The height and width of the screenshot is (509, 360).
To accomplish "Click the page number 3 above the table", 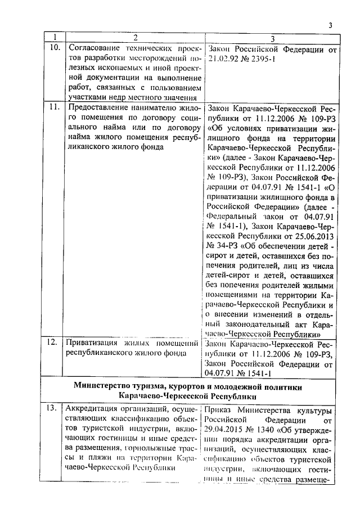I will pyautogui.click(x=331, y=25).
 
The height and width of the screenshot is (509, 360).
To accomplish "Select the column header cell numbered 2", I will pyautogui.click(x=135, y=38).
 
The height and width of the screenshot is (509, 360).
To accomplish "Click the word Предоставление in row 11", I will pyautogui.click(x=100, y=108).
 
